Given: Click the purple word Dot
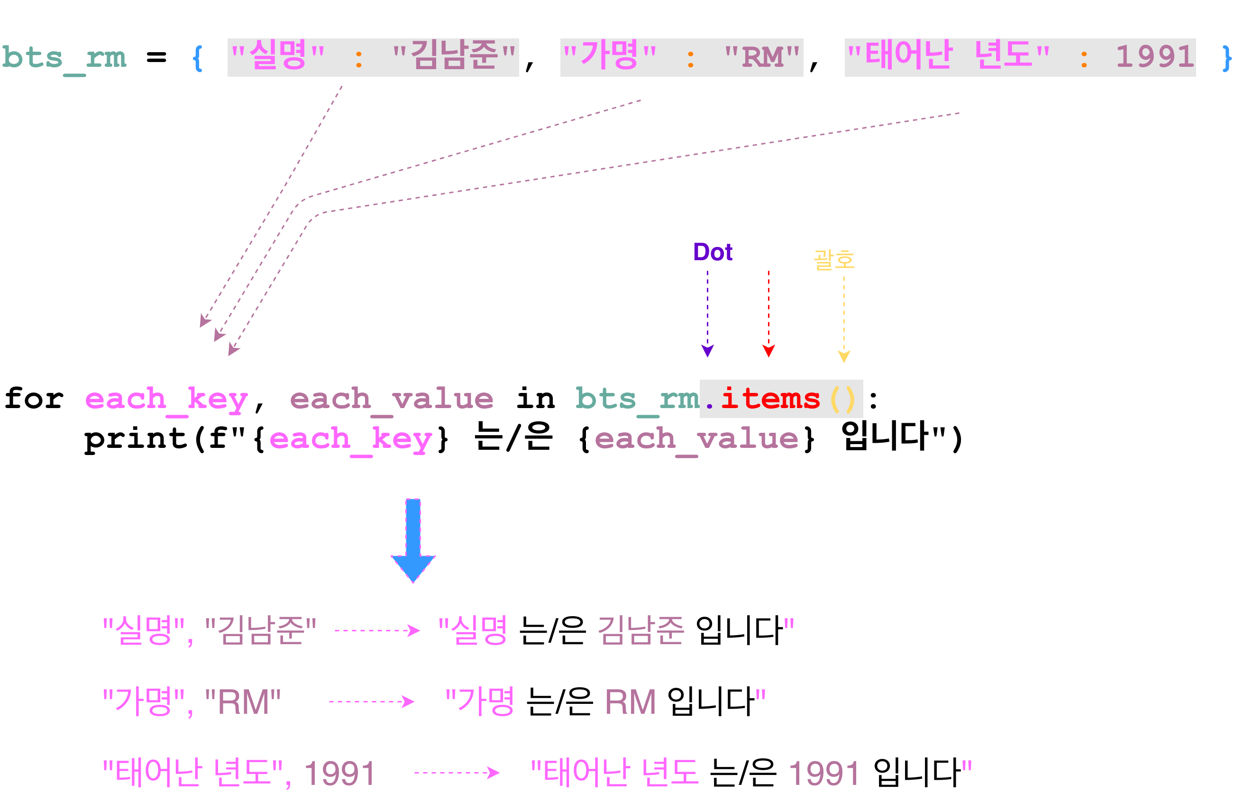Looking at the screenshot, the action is pyautogui.click(x=713, y=252).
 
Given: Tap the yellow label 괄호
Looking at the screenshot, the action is pyautogui.click(x=833, y=259).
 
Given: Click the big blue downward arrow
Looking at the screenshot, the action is pyautogui.click(x=413, y=540).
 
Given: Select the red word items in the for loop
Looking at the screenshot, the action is pyautogui.click(x=771, y=399).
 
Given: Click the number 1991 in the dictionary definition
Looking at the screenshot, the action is pyautogui.click(x=1155, y=57).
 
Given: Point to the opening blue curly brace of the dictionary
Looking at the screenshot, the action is pyautogui.click(x=197, y=58).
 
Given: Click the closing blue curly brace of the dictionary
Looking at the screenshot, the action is pyautogui.click(x=1227, y=58).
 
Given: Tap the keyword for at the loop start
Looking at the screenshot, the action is pyautogui.click(x=34, y=399).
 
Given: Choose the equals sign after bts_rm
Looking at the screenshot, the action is pyautogui.click(x=156, y=57).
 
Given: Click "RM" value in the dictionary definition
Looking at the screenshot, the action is pyautogui.click(x=762, y=56).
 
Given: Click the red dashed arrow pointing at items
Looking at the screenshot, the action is pyautogui.click(x=768, y=314).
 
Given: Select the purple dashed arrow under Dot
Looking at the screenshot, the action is pyautogui.click(x=708, y=314).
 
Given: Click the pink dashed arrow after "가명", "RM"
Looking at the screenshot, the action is pyautogui.click(x=372, y=701).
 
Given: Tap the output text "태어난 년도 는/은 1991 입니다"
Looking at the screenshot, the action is pyautogui.click(x=751, y=772).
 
